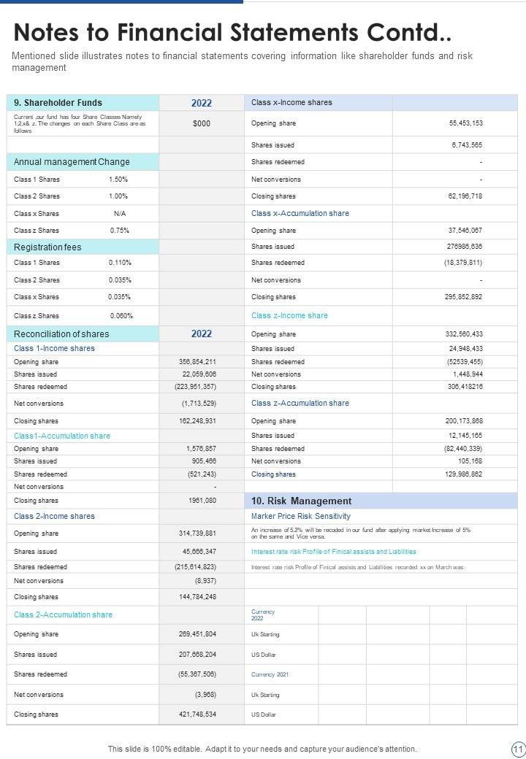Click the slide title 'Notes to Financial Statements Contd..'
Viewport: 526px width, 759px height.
click(232, 33)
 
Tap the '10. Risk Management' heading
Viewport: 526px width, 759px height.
click(301, 501)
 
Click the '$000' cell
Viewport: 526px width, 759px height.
click(202, 124)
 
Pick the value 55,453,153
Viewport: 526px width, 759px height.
click(465, 123)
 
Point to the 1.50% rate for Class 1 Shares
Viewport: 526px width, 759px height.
click(118, 180)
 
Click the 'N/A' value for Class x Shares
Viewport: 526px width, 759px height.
click(120, 214)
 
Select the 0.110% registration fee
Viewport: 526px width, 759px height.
click(120, 263)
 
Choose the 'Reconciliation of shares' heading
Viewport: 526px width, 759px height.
click(61, 334)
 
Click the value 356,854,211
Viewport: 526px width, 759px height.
click(197, 362)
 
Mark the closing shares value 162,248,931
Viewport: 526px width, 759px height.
click(197, 421)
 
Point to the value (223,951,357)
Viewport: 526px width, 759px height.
click(195, 387)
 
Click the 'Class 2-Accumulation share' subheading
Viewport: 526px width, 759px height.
click(63, 615)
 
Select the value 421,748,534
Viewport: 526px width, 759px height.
click(197, 714)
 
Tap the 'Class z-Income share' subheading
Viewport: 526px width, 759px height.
click(289, 316)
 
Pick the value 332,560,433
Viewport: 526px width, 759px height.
click(464, 334)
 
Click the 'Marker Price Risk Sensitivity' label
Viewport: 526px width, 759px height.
click(300, 517)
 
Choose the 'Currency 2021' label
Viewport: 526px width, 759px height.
click(270, 674)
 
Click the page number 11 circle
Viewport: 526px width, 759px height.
click(518, 749)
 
